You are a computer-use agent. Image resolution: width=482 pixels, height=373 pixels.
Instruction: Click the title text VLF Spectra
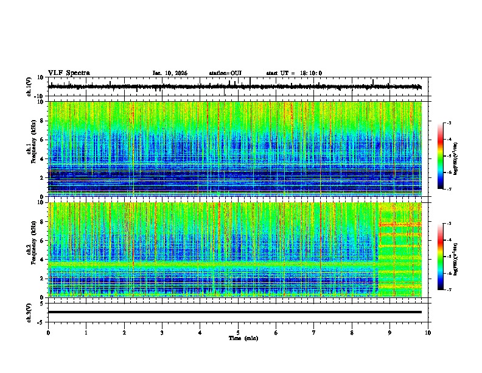click(69, 73)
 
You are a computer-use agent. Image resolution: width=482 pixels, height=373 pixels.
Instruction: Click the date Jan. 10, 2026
click(170, 73)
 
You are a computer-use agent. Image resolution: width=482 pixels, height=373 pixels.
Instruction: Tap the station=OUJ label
click(225, 73)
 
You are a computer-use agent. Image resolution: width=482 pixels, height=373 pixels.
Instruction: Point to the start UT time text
click(294, 73)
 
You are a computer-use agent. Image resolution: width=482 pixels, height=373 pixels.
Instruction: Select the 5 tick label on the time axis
click(238, 333)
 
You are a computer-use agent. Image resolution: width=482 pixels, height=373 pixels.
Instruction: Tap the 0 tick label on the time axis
click(48, 333)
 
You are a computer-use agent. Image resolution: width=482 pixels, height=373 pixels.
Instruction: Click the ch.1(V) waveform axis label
click(29, 87)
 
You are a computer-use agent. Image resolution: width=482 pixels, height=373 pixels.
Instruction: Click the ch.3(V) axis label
click(29, 312)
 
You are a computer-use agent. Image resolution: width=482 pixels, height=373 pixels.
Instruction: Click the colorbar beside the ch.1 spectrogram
click(440, 157)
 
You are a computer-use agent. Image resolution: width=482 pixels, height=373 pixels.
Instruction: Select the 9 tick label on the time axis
click(390, 333)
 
